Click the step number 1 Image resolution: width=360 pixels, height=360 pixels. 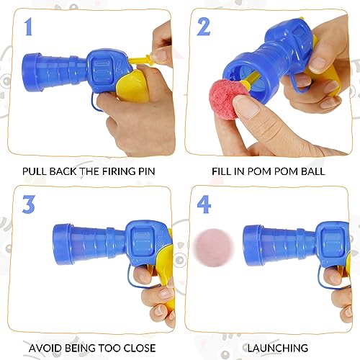(29, 27)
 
